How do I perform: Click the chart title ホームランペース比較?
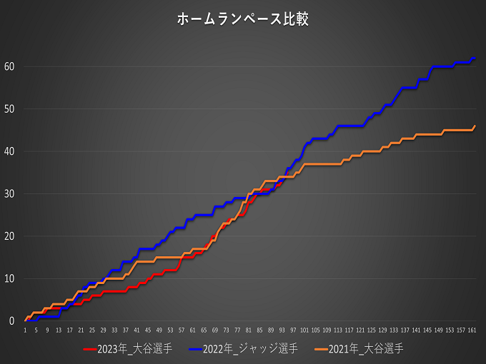pyautogui.click(x=243, y=19)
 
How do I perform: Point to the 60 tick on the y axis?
pyautogui.click(x=10, y=66)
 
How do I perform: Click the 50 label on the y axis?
pyautogui.click(x=10, y=109)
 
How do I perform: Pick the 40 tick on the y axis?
pyautogui.click(x=10, y=151)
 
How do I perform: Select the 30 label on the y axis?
pyautogui.click(x=10, y=193)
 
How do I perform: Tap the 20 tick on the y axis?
pyautogui.click(x=10, y=236)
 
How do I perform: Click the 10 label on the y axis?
pyautogui.click(x=10, y=278)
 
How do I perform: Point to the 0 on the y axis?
pyautogui.click(x=13, y=321)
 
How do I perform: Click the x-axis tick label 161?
pyautogui.click(x=472, y=330)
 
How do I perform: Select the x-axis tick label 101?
pyautogui.click(x=305, y=330)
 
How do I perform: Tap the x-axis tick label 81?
pyautogui.click(x=249, y=330)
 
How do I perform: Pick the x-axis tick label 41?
pyautogui.click(x=137, y=330)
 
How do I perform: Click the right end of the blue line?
pyautogui.click(x=475, y=59)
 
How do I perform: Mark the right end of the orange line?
pyautogui.click(x=475, y=126)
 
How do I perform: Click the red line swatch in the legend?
pyautogui.click(x=90, y=349)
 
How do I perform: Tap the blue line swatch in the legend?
pyautogui.click(x=195, y=349)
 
